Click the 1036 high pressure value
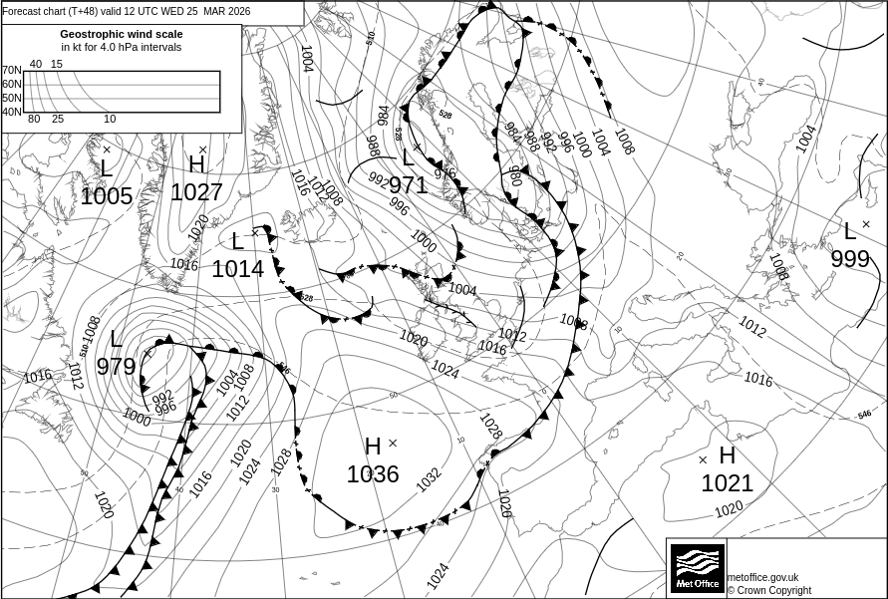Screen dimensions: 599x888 [373, 474]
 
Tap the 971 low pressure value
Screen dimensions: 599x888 [408, 185]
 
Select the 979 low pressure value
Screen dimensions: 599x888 [116, 367]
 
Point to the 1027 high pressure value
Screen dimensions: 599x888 [196, 192]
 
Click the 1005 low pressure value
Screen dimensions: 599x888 [107, 196]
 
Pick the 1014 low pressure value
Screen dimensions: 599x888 [237, 268]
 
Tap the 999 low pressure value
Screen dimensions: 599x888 [850, 259]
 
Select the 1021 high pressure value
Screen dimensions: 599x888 [727, 484]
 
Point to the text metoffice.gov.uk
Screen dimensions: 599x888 [763, 577]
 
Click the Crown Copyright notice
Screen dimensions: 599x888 [769, 590]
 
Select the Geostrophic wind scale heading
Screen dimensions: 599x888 [121, 34]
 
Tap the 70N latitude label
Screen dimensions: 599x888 [11, 71]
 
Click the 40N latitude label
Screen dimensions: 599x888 [11, 112]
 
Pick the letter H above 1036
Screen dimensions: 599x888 [373, 447]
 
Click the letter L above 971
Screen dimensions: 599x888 [408, 157]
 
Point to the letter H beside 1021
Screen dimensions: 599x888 [727, 455]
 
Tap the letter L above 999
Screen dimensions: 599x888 [849, 232]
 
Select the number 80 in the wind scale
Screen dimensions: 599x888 [34, 120]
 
